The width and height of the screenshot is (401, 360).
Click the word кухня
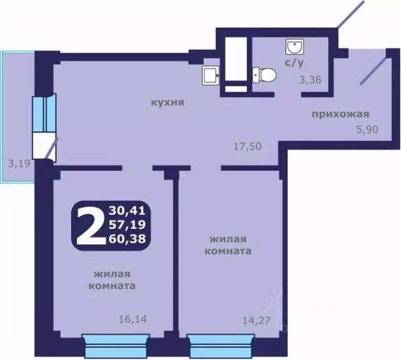pyautogui.click(x=167, y=103)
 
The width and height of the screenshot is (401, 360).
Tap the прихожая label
pyautogui.click(x=340, y=114)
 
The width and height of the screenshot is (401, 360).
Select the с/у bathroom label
pyautogui.click(x=294, y=63)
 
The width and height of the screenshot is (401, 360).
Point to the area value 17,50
pyautogui.click(x=247, y=147)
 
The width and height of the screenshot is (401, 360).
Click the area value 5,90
pyautogui.click(x=368, y=129)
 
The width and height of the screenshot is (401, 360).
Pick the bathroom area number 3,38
pyautogui.click(x=310, y=80)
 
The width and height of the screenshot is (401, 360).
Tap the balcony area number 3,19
pyautogui.click(x=19, y=163)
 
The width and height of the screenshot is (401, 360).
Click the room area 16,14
pyautogui.click(x=133, y=319)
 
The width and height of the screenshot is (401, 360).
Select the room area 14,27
pyautogui.click(x=256, y=321)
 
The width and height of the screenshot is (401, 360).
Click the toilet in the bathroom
pyautogui.click(x=264, y=75)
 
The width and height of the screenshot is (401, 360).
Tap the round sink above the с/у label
pyautogui.click(x=294, y=46)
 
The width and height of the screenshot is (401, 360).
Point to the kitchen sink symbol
pyautogui.click(x=211, y=75)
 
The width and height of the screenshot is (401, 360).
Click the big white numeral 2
pyautogui.click(x=91, y=225)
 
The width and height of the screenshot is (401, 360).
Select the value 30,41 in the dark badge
pyautogui.click(x=127, y=210)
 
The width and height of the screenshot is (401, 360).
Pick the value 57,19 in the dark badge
pyautogui.click(x=127, y=225)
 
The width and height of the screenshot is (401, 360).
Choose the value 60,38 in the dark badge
pyautogui.click(x=127, y=239)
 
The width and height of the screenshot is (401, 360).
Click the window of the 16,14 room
pyautogui.click(x=116, y=346)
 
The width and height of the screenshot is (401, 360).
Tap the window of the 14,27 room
pyautogui.click(x=221, y=346)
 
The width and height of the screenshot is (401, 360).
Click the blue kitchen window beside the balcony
pyautogui.click(x=44, y=113)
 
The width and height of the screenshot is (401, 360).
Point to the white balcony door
pyautogui.click(x=44, y=147)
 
